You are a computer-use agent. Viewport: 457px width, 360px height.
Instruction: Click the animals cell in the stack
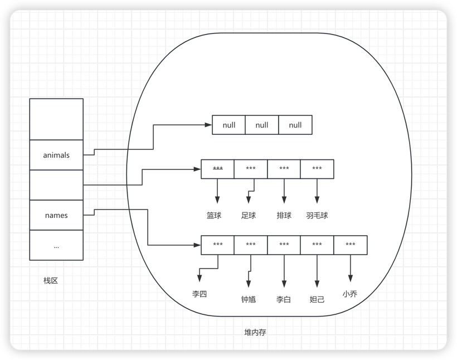tap(56, 155)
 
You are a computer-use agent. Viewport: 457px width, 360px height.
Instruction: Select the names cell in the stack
tap(56, 215)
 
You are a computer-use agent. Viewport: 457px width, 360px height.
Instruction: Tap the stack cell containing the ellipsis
tap(56, 245)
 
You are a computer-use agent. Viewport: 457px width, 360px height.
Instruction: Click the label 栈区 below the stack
tap(51, 280)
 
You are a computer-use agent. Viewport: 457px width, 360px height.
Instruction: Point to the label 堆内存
tap(255, 332)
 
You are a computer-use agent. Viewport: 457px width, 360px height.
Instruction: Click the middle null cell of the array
tap(262, 125)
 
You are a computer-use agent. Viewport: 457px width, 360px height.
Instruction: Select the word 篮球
tap(214, 215)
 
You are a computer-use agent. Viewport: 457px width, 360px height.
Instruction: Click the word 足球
tap(249, 215)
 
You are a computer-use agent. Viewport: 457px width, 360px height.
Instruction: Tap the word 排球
tap(284, 215)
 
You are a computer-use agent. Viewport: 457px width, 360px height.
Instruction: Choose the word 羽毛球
tap(317, 215)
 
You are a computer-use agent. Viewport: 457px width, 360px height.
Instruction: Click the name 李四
tap(199, 294)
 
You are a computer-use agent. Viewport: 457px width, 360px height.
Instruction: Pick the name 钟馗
tap(249, 299)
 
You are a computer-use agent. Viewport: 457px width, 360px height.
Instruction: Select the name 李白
tap(284, 299)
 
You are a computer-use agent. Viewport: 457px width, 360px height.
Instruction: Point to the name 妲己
tap(317, 299)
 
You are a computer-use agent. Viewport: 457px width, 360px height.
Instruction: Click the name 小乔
tap(350, 294)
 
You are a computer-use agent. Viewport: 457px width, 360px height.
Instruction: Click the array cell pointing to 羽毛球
tap(317, 169)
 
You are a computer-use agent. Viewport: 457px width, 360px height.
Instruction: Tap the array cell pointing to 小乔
tap(351, 245)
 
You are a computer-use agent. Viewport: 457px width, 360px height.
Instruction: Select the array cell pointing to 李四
tap(218, 245)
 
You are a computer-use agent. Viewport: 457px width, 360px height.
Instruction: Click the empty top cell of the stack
tap(56, 119)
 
